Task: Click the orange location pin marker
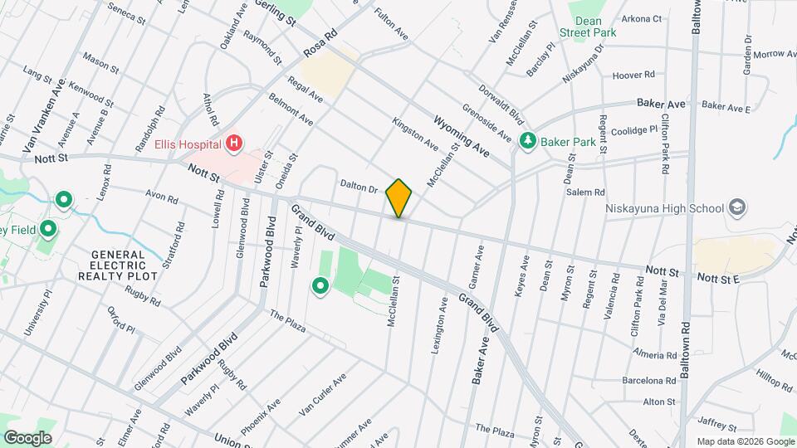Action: point(399,197)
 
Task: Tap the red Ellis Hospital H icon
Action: point(234,144)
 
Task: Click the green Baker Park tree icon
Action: point(527,142)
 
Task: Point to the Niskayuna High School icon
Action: point(736,207)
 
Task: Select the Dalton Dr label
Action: point(359,186)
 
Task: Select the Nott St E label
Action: point(717,278)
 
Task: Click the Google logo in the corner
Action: point(27,437)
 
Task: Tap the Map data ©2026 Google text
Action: point(745,441)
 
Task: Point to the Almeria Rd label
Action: point(654,354)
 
